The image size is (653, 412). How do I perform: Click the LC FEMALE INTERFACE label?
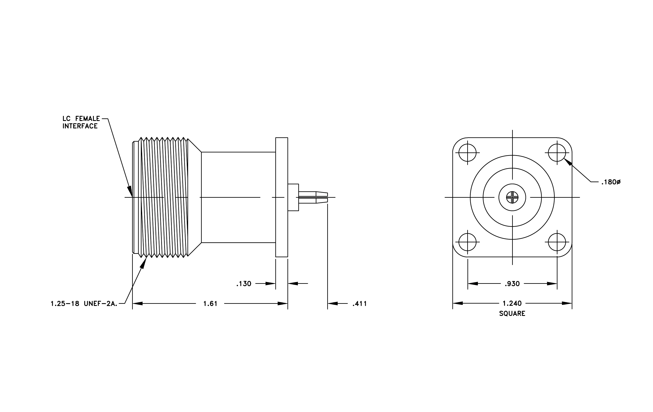81,122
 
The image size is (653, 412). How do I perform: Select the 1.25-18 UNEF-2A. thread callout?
84,304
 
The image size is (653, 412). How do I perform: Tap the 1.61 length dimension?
210,304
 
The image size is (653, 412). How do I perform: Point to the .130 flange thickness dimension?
244,284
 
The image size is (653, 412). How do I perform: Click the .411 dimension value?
360,304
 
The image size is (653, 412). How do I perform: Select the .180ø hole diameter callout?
611,182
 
